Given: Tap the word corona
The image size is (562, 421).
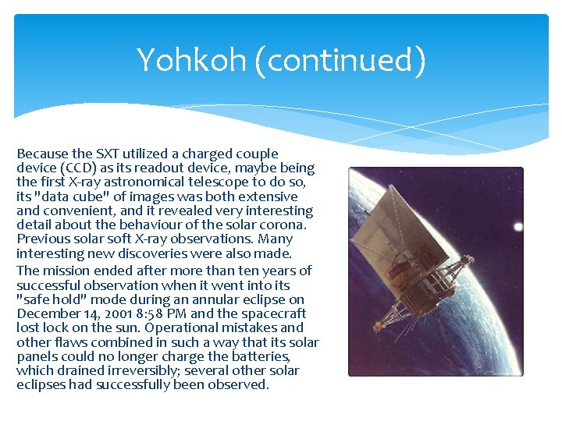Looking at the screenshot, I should tap(283, 225).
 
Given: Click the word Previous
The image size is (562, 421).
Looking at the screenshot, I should tap(44, 239).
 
